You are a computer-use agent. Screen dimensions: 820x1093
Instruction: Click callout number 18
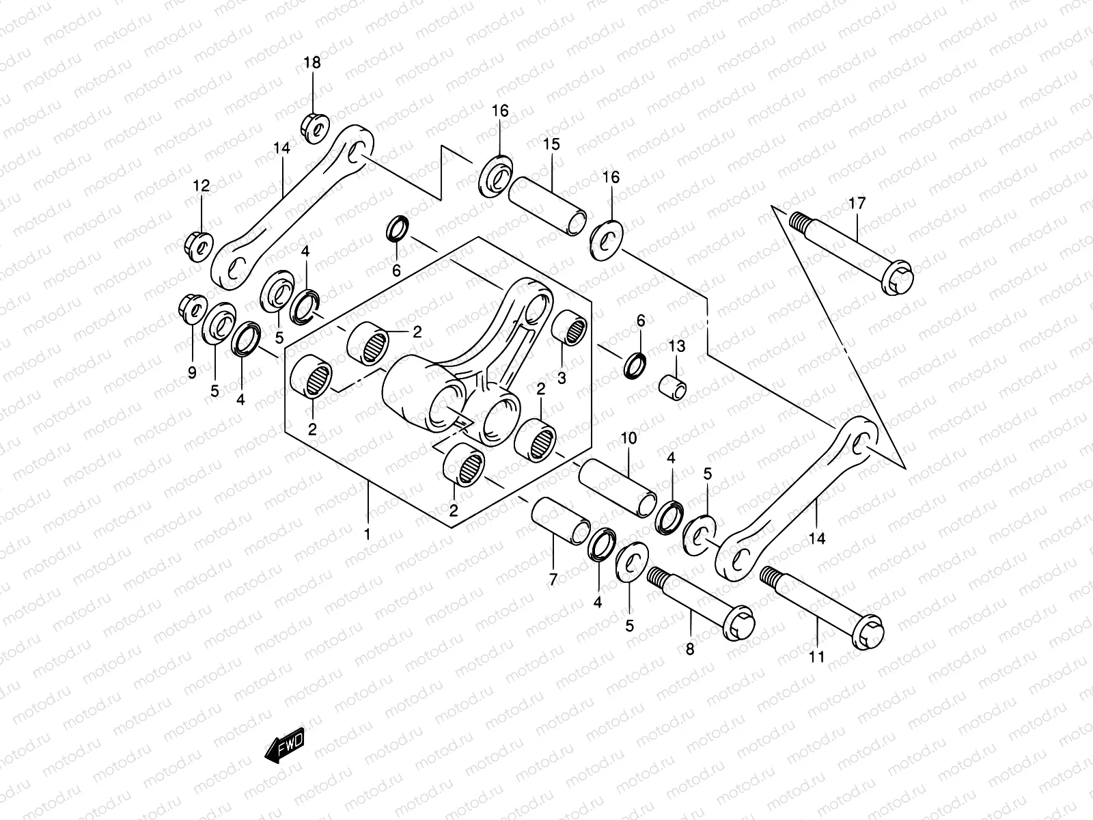312,63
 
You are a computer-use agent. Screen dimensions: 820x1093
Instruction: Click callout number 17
857,203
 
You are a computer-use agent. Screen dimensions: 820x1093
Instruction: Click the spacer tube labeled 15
547,205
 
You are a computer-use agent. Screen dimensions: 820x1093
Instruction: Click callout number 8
689,649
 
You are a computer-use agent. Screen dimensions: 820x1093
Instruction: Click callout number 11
816,657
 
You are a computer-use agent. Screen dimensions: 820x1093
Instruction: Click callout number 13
676,346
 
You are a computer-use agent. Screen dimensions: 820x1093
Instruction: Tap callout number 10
628,438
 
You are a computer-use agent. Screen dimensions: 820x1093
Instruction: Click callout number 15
551,144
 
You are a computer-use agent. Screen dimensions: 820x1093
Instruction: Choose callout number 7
553,579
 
